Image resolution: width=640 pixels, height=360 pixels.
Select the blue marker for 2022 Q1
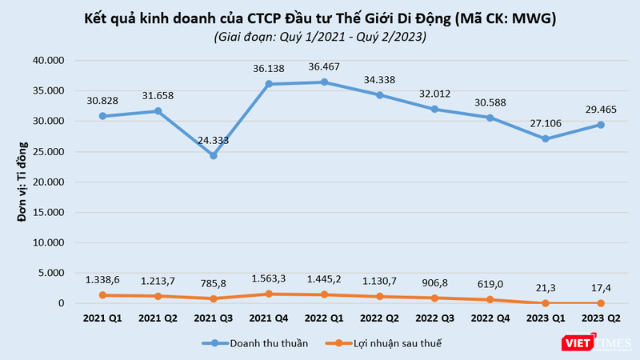[x=322, y=82]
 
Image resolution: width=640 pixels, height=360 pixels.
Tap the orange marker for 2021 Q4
[x=269, y=294]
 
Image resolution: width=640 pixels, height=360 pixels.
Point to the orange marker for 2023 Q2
[x=600, y=303]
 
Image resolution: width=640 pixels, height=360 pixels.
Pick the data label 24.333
[x=214, y=140]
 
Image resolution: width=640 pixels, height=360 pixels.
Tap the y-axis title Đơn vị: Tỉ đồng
[x=25, y=181]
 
